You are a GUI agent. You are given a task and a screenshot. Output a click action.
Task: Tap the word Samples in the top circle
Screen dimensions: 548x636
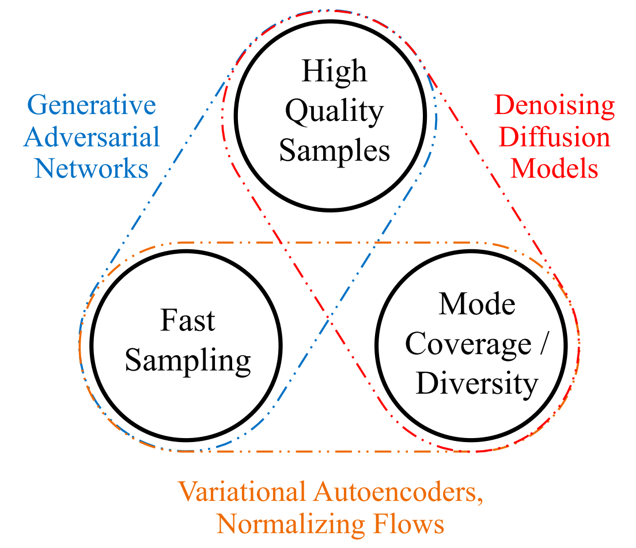pyautogui.click(x=334, y=151)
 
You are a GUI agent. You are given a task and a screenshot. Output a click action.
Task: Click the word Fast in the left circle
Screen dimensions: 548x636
pyautogui.click(x=188, y=321)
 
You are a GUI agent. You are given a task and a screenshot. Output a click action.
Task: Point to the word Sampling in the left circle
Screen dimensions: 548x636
pyautogui.click(x=188, y=361)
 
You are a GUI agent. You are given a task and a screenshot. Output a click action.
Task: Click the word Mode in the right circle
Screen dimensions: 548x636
pyautogui.click(x=477, y=304)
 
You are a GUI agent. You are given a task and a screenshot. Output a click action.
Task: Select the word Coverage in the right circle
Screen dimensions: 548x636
pyautogui.click(x=460, y=344)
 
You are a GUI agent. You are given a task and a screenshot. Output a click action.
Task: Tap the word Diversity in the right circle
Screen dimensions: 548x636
pyautogui.click(x=477, y=383)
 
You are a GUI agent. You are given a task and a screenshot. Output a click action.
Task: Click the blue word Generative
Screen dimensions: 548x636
pyautogui.click(x=92, y=106)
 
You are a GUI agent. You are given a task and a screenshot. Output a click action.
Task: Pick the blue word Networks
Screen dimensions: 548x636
pyautogui.click(x=92, y=169)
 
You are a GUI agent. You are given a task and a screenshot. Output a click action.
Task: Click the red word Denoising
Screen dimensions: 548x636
pyautogui.click(x=555, y=106)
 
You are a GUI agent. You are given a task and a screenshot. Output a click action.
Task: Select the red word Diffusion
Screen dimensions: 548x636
pyautogui.click(x=555, y=138)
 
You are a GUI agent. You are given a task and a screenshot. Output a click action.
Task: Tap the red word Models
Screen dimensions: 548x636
pyautogui.click(x=555, y=169)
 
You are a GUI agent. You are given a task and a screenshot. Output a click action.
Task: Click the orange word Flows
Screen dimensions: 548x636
pyautogui.click(x=407, y=524)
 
